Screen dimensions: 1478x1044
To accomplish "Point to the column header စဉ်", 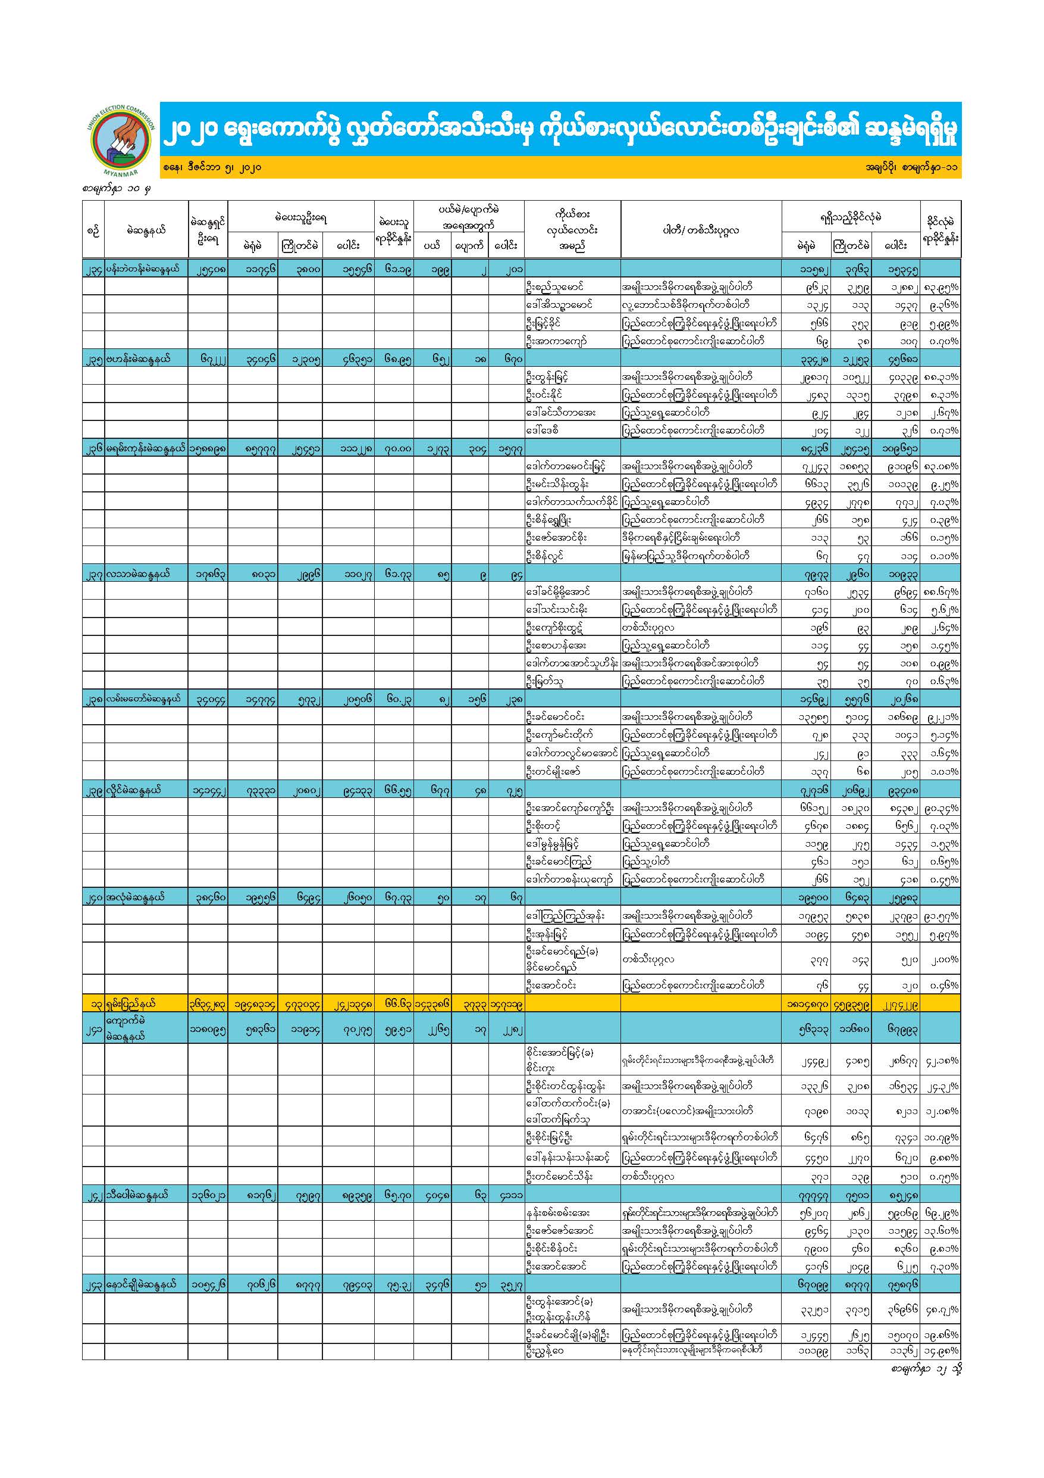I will click(93, 230).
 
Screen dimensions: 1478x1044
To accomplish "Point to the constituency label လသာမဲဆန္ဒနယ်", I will click(138, 573).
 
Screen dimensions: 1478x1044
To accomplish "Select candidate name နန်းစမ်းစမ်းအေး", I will click(557, 1213).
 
